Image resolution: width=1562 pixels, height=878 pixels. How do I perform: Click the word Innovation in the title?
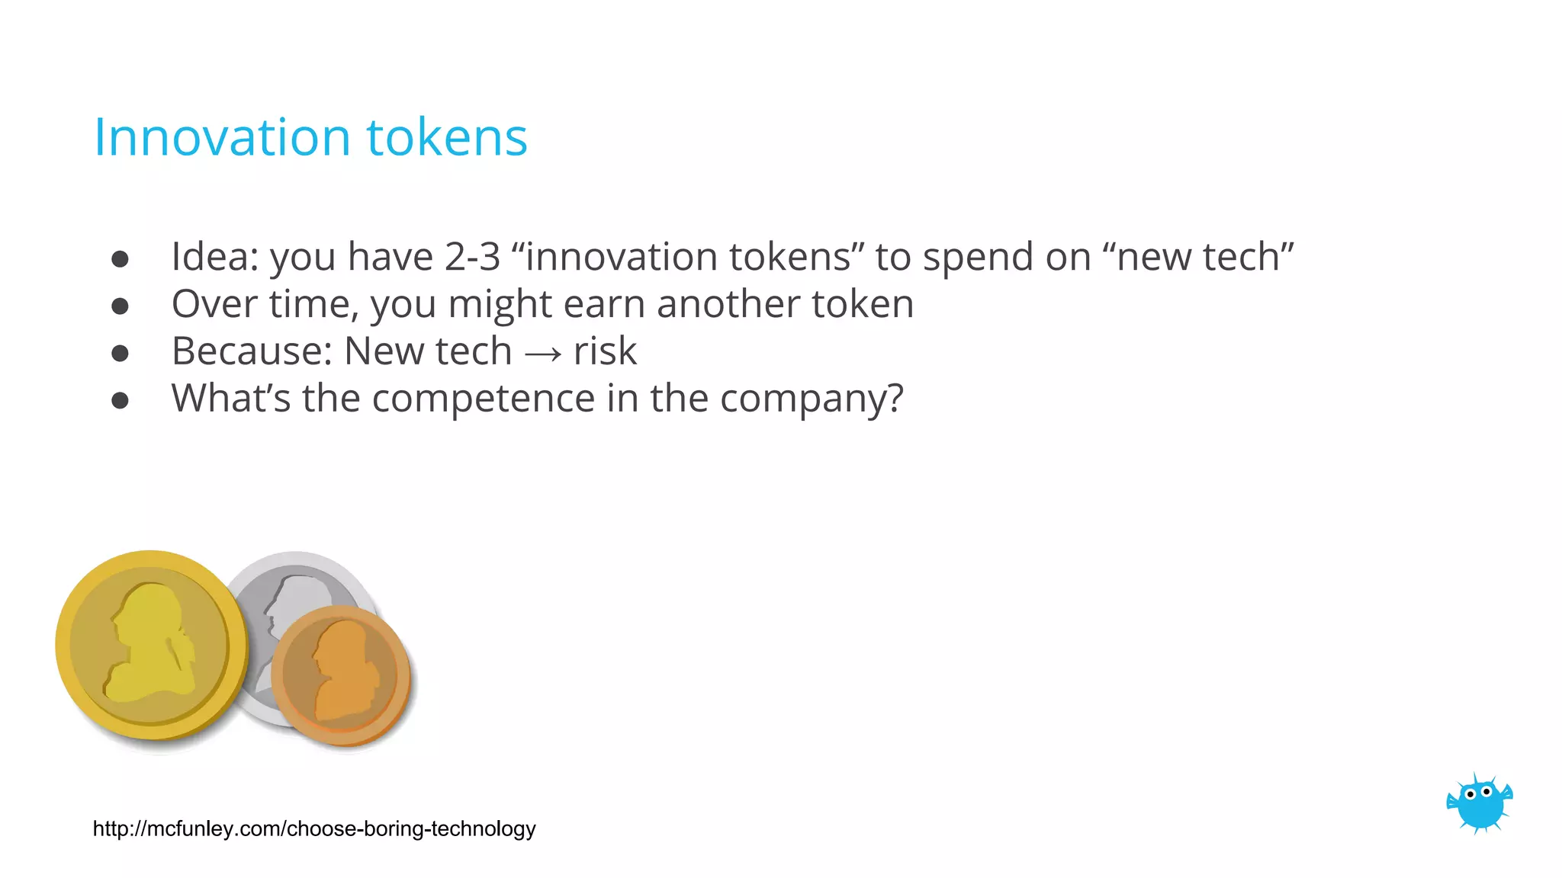click(x=221, y=138)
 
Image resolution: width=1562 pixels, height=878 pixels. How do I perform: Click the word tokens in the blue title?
click(x=447, y=138)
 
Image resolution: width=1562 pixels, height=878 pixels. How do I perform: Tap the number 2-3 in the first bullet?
click(x=473, y=257)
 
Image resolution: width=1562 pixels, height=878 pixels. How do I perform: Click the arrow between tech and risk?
click(x=543, y=353)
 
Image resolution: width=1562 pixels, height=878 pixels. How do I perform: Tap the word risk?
click(x=605, y=351)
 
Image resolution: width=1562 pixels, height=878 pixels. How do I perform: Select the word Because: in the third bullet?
click(x=252, y=351)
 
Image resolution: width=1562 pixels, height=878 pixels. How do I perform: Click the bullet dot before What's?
click(x=120, y=400)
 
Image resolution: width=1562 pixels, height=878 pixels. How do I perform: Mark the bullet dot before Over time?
click(x=120, y=306)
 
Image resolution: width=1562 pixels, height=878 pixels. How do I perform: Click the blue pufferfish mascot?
click(x=1479, y=803)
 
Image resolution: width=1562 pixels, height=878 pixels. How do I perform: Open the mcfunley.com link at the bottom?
click(x=314, y=828)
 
